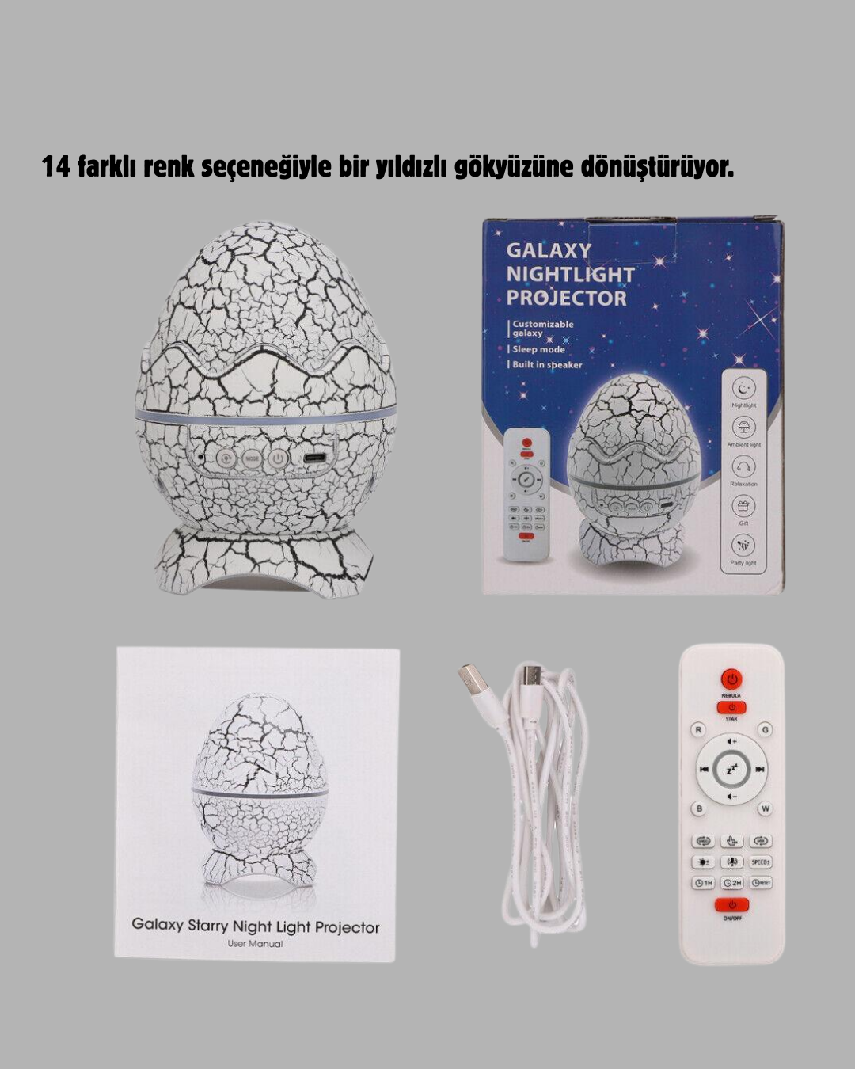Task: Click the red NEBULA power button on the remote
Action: pyautogui.click(x=731, y=679)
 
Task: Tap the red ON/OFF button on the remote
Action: pyautogui.click(x=731, y=904)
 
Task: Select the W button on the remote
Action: pyautogui.click(x=765, y=808)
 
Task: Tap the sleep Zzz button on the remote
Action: pyautogui.click(x=731, y=769)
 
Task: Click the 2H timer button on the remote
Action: pyautogui.click(x=731, y=883)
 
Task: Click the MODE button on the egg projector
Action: pyautogui.click(x=251, y=458)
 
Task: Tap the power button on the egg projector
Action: pyautogui.click(x=277, y=458)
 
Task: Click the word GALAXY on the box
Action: pyautogui.click(x=549, y=250)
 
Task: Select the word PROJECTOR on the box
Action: pyautogui.click(x=566, y=299)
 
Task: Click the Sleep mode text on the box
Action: pyautogui.click(x=538, y=349)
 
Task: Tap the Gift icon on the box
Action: pyautogui.click(x=743, y=505)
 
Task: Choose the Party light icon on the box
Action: pyautogui.click(x=743, y=545)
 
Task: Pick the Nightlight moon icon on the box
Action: pyautogui.click(x=743, y=388)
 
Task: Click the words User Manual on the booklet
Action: pyautogui.click(x=255, y=943)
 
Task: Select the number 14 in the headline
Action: pyautogui.click(x=56, y=167)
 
